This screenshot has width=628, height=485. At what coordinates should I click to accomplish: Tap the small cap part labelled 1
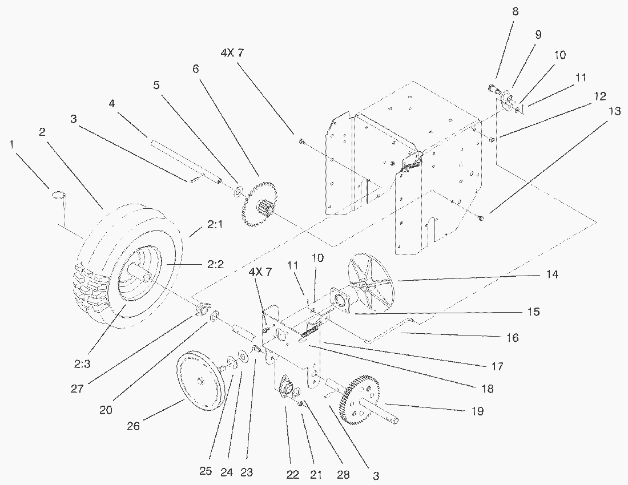(x=60, y=198)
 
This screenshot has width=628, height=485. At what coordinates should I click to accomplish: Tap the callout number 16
(x=512, y=338)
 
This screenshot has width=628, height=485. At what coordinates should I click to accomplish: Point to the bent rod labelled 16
(x=388, y=333)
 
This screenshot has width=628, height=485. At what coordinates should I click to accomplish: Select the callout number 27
(x=77, y=389)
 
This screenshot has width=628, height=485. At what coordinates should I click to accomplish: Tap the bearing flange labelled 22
(x=285, y=389)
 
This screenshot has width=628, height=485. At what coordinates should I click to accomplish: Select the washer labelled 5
(x=236, y=189)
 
